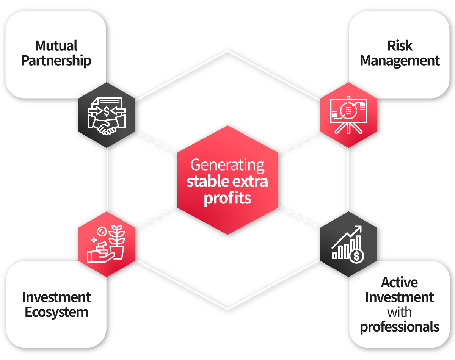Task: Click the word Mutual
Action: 56,46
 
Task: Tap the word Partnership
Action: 56,61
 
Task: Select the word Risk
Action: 400,46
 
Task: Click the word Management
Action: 400,61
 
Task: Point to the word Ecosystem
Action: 56,312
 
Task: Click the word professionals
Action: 400,327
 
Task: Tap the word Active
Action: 400,282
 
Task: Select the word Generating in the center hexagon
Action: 227,165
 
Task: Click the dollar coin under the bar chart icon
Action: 356,256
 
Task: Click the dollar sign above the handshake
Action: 107,111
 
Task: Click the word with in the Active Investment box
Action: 400,312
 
